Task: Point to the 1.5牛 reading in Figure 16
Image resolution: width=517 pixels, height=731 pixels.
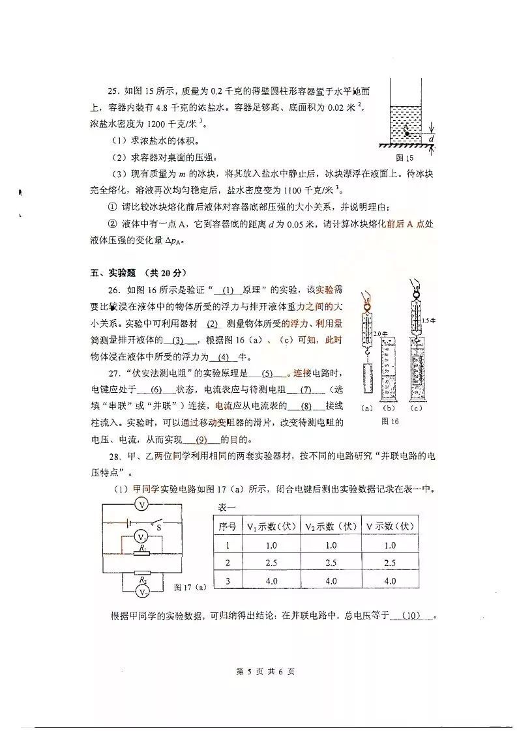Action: (426, 320)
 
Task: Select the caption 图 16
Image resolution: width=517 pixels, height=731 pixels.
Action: (389, 422)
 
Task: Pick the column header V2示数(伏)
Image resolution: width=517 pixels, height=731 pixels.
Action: (331, 526)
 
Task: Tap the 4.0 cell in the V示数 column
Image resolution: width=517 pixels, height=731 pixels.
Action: (390, 581)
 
